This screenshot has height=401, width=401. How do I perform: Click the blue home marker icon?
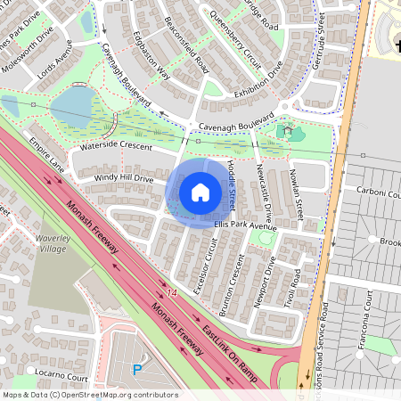click(x=200, y=192)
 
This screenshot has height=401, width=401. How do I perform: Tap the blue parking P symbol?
click(x=137, y=369)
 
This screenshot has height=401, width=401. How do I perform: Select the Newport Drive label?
click(x=265, y=282)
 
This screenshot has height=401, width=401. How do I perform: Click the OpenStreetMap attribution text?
click(x=89, y=394)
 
